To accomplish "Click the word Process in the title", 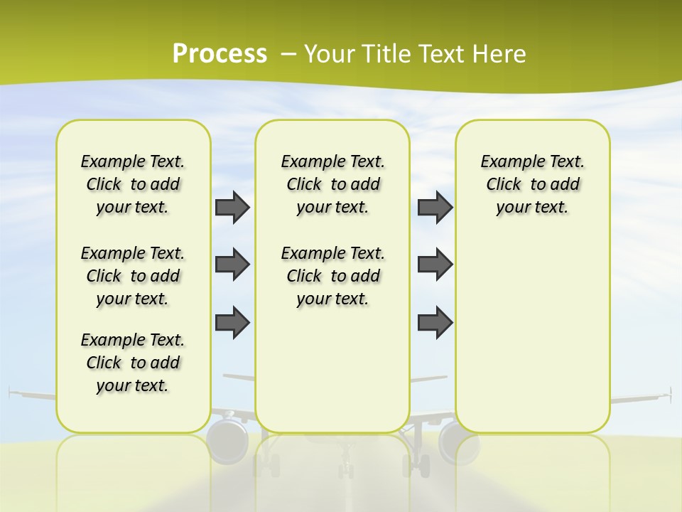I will coord(220,53).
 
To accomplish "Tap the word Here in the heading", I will coord(501,54).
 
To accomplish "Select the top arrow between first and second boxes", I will coord(232,207).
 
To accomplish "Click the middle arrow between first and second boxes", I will coord(232,265).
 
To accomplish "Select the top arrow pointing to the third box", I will coord(435,207).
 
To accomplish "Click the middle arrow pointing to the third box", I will coord(435,265).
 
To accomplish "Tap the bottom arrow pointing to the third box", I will coord(435,322).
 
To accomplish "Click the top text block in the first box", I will coord(133,184).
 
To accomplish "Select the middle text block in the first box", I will coord(133,276).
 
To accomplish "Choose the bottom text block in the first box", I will coord(133,363).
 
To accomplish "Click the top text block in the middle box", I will coord(332,184).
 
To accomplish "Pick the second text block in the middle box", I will coord(332,276).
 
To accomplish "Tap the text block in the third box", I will coord(532,184).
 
